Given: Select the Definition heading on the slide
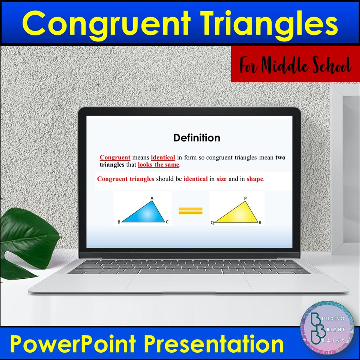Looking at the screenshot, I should point(197,138).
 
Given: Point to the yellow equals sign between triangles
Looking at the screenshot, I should point(190,211).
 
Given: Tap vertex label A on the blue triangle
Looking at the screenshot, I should point(152,198).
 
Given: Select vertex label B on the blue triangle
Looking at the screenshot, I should point(119,222).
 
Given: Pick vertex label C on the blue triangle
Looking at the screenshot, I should point(167,222).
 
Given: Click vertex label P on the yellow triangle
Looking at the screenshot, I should point(245,199).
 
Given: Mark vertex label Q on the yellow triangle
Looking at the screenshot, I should point(212,223).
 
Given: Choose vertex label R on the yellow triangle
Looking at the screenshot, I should point(260,222).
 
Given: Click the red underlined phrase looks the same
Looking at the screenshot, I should point(158,165).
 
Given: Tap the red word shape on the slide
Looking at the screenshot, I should point(255,179).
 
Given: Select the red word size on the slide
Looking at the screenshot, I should point(221,179).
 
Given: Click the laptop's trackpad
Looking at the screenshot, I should point(188,282).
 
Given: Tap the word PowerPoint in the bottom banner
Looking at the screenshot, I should point(73,344).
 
